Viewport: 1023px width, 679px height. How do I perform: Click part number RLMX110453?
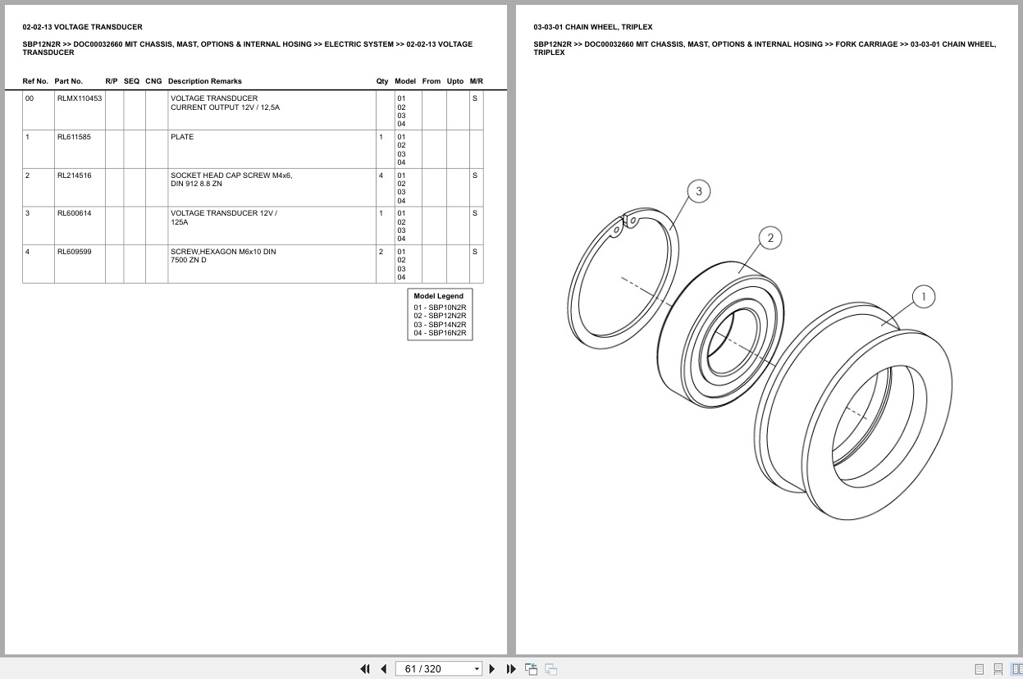80,98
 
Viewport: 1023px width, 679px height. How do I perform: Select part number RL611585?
74,137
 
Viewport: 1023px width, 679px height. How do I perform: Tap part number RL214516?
74,175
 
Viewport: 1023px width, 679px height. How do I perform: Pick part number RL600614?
74,213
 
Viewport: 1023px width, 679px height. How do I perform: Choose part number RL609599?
74,252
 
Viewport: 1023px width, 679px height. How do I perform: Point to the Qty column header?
382,81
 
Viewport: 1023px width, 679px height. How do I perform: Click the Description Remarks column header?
204,81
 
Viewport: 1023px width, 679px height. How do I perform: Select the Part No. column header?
69,81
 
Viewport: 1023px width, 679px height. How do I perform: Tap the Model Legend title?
438,296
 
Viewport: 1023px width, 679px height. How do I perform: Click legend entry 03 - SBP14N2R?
440,325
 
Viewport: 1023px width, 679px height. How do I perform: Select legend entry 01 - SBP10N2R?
440,308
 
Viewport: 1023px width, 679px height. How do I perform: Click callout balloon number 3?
699,191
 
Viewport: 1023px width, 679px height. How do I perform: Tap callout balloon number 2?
770,238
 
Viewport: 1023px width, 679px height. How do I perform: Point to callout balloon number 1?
924,297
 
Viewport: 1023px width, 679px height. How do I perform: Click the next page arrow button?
492,669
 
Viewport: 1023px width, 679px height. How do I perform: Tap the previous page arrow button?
384,669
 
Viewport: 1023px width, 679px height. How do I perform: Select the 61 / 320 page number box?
438,669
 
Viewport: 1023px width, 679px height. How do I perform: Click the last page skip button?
511,669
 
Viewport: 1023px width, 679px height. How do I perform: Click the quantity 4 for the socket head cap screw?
381,175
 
